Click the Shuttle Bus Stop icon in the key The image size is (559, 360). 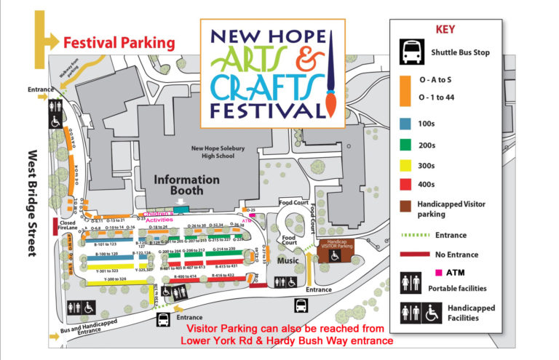point(409,52)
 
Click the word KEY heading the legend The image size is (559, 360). point(445,30)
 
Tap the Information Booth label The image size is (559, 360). point(187,184)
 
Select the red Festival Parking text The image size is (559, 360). point(119,43)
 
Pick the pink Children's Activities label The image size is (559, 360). point(164,217)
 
